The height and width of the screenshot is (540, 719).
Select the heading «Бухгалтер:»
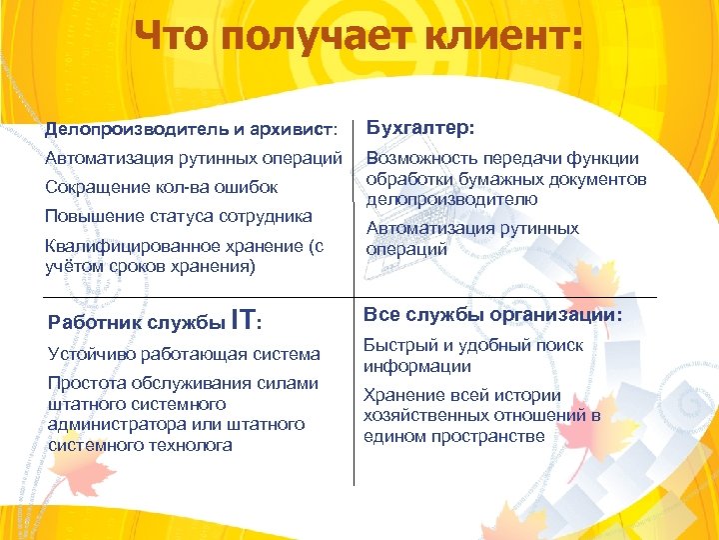[x=420, y=128]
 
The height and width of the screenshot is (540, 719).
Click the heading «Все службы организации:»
[x=493, y=315]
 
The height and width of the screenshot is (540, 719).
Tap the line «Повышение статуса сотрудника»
[x=179, y=216]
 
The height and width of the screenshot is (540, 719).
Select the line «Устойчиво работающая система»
[x=184, y=354]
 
